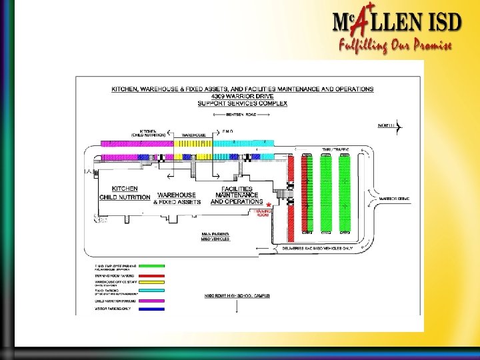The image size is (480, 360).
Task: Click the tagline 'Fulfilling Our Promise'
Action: click(395, 45)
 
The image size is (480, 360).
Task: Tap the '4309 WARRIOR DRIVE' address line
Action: click(242, 96)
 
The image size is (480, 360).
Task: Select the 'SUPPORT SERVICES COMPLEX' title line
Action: click(242, 103)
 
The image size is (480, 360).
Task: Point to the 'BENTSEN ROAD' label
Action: click(241, 115)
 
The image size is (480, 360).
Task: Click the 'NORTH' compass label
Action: click(387, 125)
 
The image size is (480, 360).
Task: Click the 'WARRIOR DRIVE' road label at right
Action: click(394, 199)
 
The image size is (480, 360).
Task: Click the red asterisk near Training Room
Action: click(268, 205)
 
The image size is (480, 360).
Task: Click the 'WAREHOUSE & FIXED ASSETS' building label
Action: click(177, 198)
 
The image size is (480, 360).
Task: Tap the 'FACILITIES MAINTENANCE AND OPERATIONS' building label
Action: click(237, 195)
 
